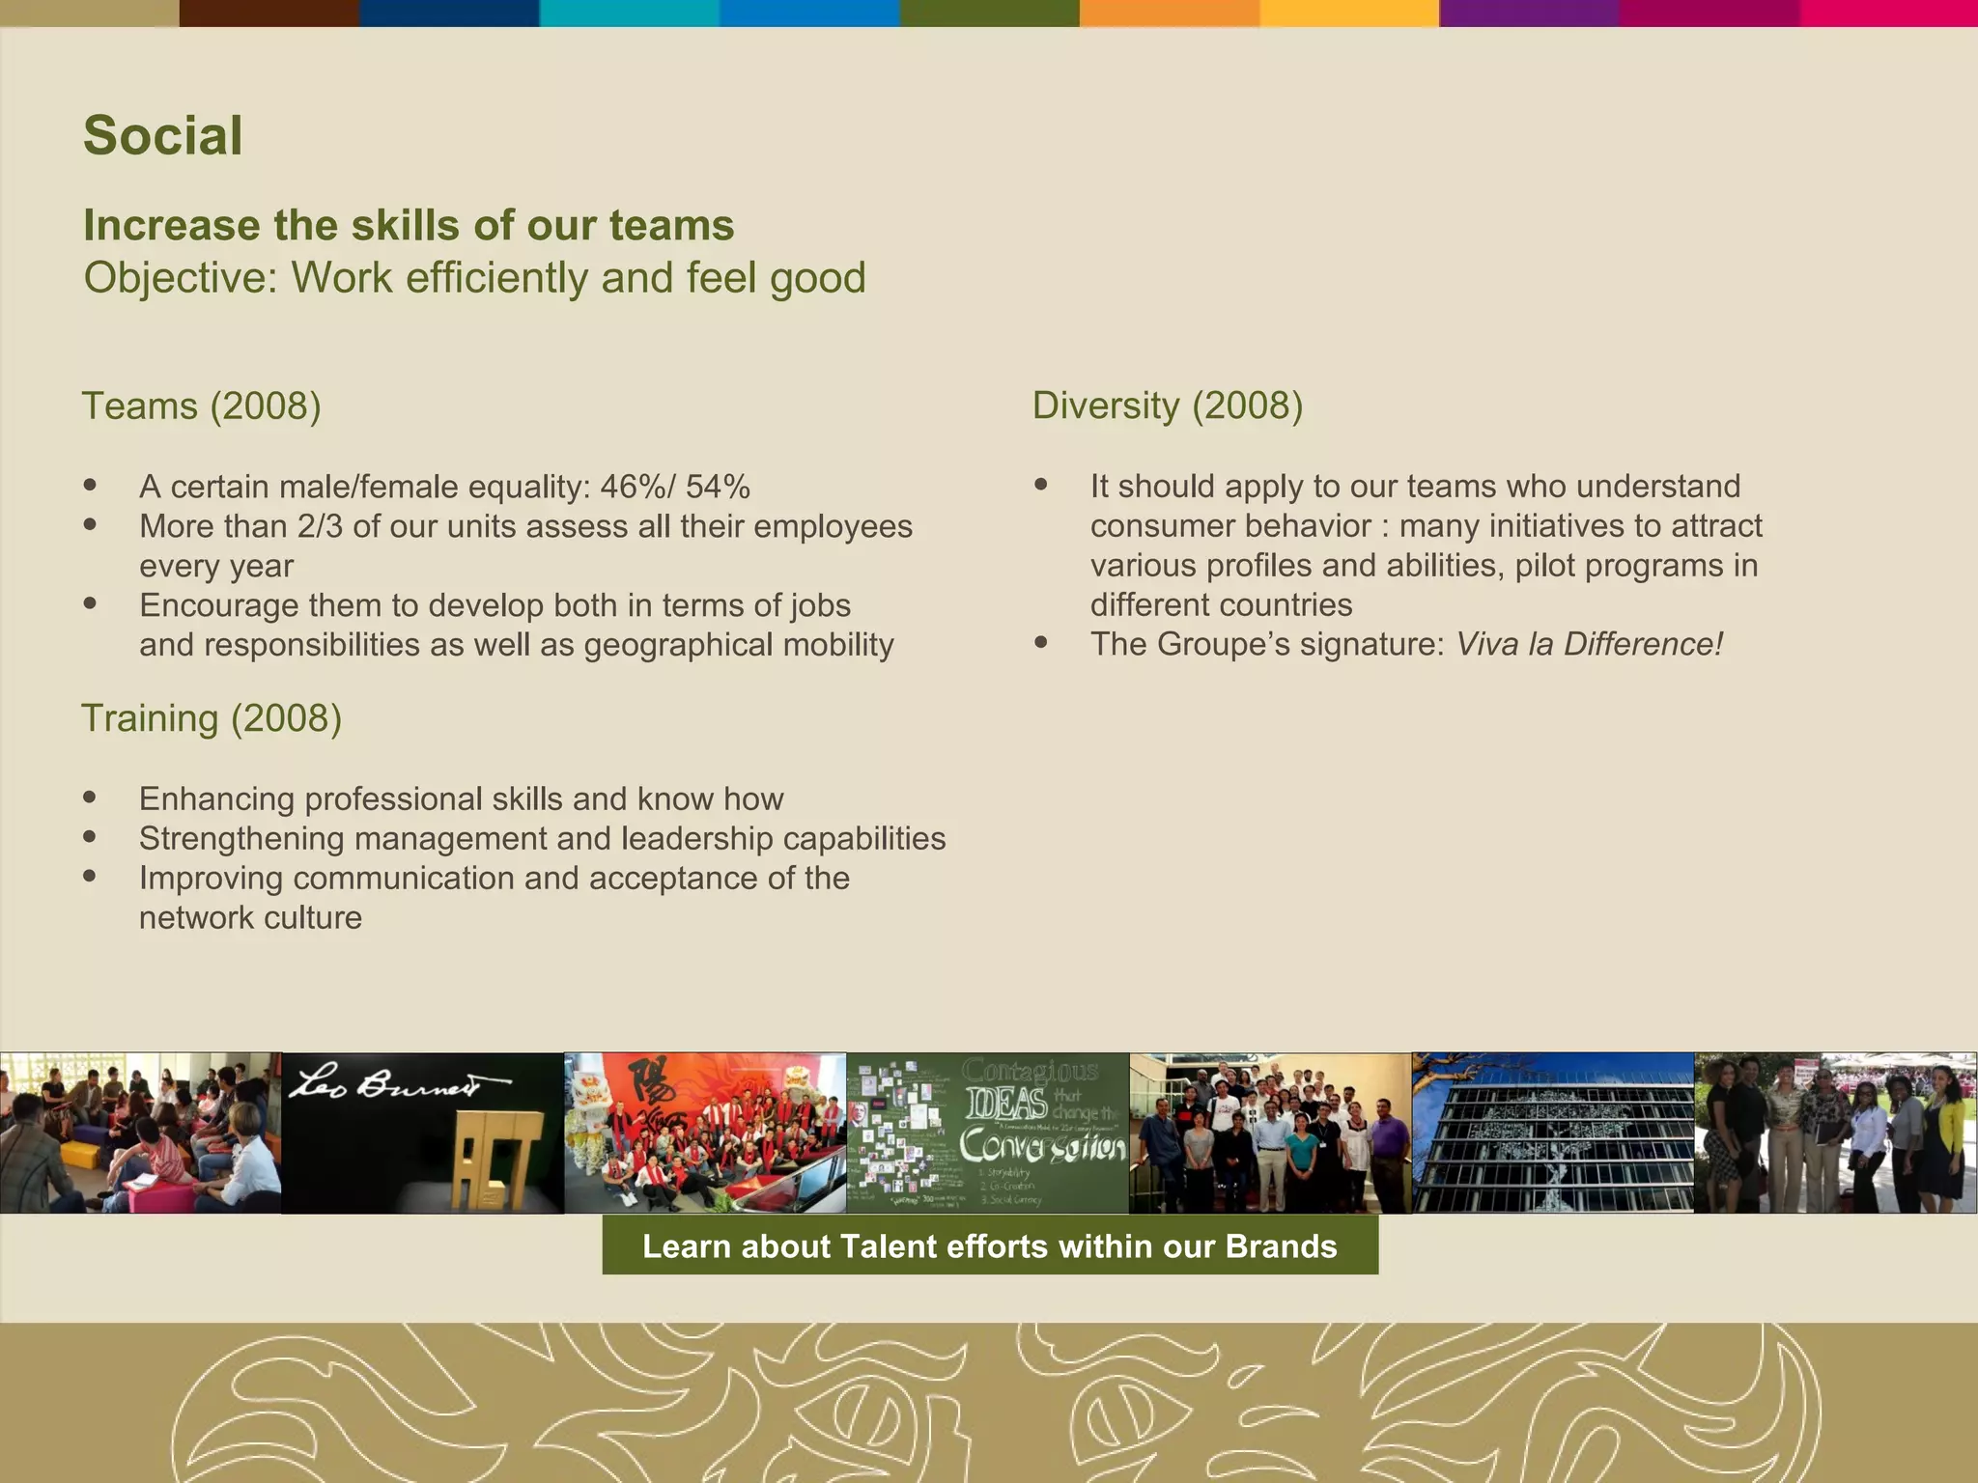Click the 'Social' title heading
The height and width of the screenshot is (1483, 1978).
point(162,135)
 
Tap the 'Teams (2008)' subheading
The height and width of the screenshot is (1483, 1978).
point(201,406)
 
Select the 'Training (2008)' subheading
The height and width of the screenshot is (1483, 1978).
point(212,718)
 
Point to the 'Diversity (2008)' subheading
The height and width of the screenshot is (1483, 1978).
point(1168,406)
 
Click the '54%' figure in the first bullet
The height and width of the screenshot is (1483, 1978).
point(718,487)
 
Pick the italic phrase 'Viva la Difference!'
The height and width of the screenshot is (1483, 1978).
point(1589,644)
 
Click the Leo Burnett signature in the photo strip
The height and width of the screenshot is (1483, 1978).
point(397,1083)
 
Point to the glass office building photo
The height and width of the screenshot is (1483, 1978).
point(1552,1133)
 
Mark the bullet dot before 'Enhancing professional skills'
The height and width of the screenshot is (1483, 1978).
point(90,797)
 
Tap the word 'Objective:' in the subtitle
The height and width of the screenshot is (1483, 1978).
point(181,278)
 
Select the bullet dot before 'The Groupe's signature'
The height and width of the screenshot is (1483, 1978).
point(1041,642)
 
